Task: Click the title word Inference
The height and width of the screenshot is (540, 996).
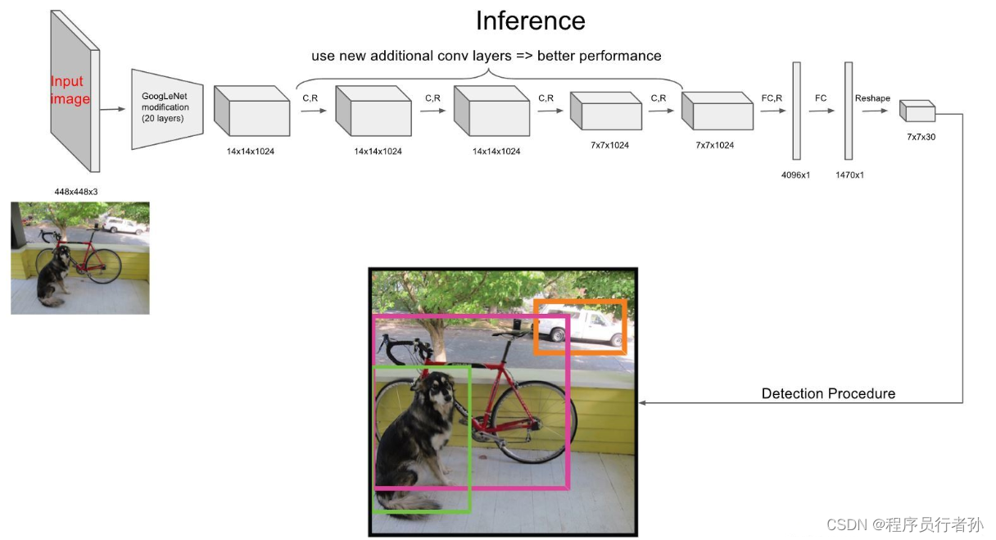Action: click(530, 20)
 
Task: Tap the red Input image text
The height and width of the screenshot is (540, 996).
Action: click(70, 90)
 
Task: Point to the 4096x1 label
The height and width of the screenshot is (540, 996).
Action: click(795, 175)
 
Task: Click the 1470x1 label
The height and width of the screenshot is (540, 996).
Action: click(849, 175)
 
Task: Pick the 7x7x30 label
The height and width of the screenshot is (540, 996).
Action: click(920, 137)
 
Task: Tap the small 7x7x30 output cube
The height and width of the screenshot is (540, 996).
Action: click(917, 111)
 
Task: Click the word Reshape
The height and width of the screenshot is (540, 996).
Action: click(871, 98)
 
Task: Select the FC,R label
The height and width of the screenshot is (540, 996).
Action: click(772, 98)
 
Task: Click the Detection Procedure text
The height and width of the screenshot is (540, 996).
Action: click(828, 393)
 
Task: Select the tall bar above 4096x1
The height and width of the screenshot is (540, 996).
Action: click(796, 111)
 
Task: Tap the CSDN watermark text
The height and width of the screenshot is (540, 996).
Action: click(904, 524)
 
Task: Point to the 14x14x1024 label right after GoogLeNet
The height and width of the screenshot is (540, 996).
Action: click(251, 151)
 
